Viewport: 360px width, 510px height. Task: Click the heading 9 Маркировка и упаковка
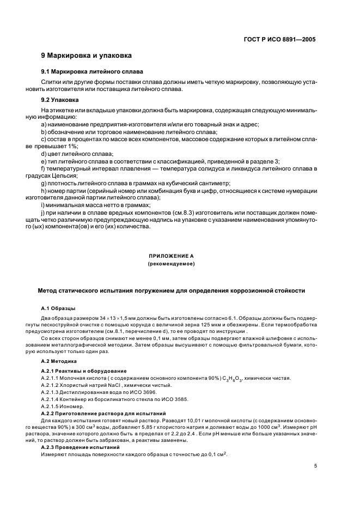click(86, 56)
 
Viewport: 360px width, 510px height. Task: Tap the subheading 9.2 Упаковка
click(60, 100)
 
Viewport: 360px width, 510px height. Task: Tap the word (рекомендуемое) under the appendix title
click(171, 264)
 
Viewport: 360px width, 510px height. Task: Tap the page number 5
click(315, 466)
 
